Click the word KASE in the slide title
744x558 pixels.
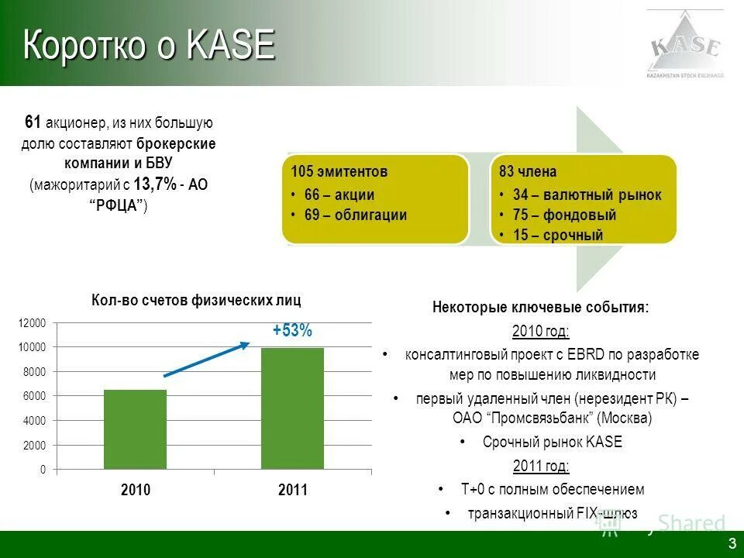(x=231, y=46)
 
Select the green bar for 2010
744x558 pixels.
(x=135, y=429)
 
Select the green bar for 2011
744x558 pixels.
(x=292, y=408)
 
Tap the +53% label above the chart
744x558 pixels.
(x=292, y=331)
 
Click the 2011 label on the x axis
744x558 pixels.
(x=292, y=491)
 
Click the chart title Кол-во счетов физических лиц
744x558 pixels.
(x=196, y=300)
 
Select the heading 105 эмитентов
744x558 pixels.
(x=339, y=172)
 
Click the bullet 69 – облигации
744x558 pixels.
(x=355, y=215)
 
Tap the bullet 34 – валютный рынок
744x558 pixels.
(x=587, y=195)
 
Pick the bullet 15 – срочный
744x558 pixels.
(x=557, y=235)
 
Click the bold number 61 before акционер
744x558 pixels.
(x=33, y=122)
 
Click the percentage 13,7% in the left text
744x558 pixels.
(x=154, y=184)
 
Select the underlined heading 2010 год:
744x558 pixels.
(x=540, y=332)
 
